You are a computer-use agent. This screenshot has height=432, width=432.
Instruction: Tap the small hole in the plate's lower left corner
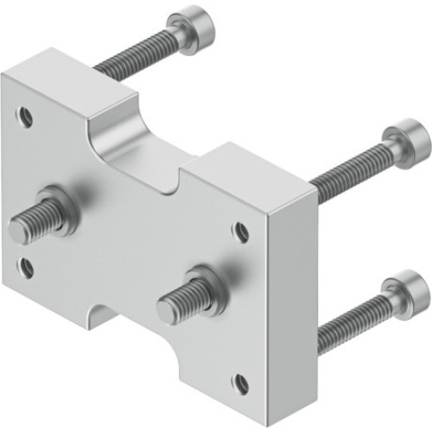pyautogui.click(x=27, y=267)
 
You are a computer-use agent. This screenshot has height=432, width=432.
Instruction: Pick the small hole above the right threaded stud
pyautogui.click(x=243, y=231)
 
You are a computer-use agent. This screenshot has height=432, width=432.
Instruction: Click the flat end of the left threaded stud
pyautogui.click(x=19, y=230)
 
